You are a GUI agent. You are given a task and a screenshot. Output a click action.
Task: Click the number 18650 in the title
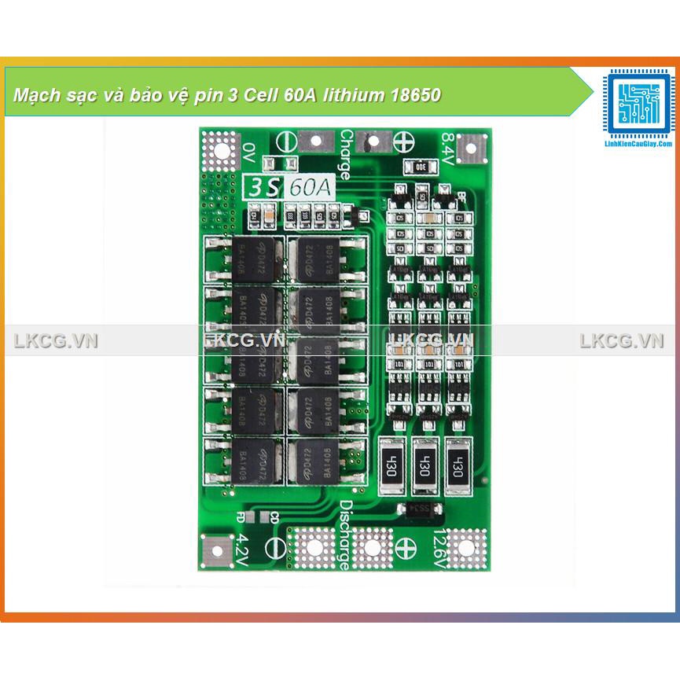pyautogui.click(x=414, y=96)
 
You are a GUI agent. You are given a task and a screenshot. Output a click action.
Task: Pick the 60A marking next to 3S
pyautogui.click(x=311, y=188)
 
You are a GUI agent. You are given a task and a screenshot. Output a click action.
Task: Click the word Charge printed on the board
pyautogui.click(x=345, y=154)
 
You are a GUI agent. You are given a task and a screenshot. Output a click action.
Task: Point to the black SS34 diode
pyautogui.click(x=419, y=509)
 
